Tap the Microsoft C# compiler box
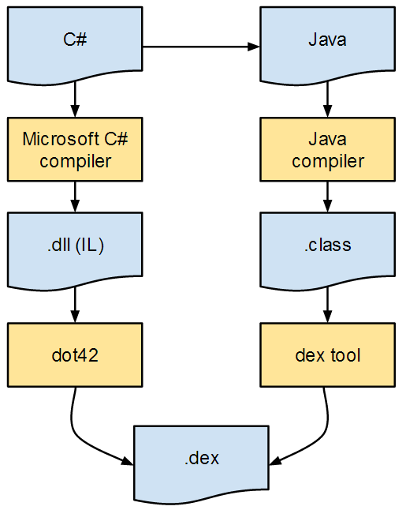coord(75,149)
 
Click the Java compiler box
coord(327,149)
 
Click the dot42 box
coord(75,354)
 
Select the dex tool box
coord(327,354)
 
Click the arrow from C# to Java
coord(201,47)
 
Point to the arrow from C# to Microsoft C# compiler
coord(75,99)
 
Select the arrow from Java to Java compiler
coord(327,99)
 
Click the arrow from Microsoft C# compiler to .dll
coord(75,197)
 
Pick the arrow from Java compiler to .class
coord(327,197)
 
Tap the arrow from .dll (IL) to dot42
coord(75,305)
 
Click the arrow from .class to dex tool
coord(327,305)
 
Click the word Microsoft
coord(61,139)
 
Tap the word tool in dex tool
coord(345,354)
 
